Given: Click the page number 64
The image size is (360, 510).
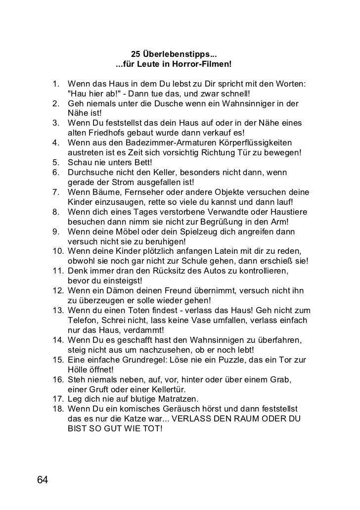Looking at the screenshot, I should [x=42, y=480].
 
